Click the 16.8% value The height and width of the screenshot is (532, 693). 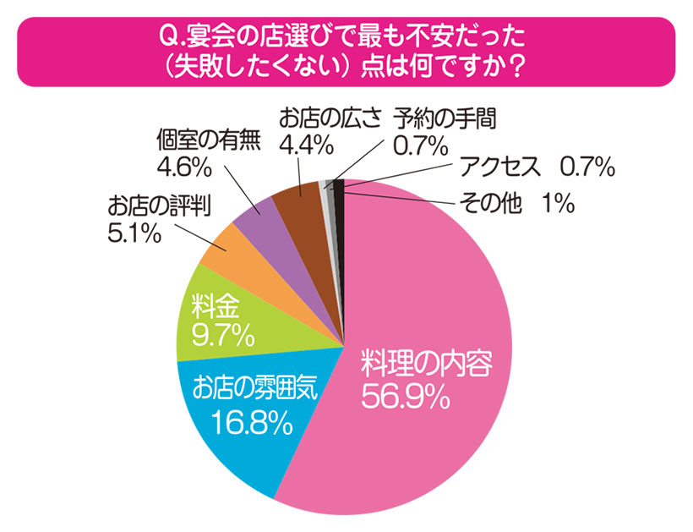point(253,420)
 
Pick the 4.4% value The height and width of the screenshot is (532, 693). point(305,145)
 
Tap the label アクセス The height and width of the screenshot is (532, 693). point(499,168)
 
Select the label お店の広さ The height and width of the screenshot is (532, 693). point(331,119)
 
